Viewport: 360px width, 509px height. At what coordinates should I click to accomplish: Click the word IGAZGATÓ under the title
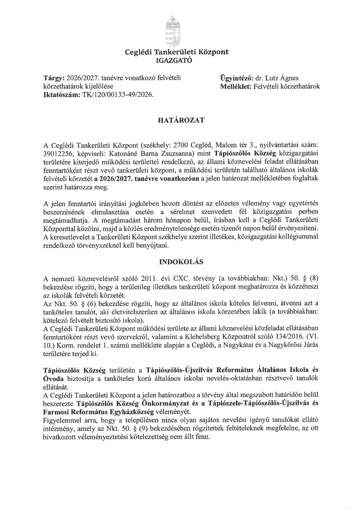[174, 60]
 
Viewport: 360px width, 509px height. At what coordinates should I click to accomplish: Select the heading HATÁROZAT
[181, 120]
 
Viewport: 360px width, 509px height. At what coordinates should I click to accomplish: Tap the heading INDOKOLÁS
[181, 262]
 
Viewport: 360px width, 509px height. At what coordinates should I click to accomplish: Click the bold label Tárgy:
[54, 78]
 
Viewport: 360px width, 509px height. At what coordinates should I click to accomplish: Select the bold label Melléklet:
[236, 86]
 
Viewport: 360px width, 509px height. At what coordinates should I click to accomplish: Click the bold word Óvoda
[53, 378]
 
